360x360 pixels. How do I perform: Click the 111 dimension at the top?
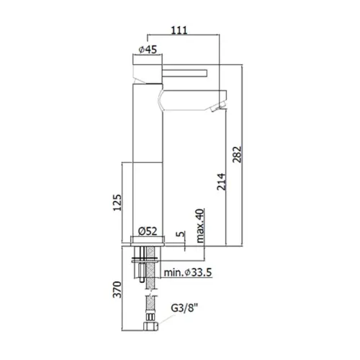click(x=179, y=30)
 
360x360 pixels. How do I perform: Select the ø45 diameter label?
click(x=148, y=50)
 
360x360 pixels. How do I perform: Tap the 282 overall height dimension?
click(x=237, y=154)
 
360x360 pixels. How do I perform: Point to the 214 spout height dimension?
click(x=221, y=181)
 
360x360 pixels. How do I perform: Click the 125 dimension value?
click(x=117, y=203)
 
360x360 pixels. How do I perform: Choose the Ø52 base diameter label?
click(x=148, y=231)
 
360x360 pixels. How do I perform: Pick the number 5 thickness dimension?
click(x=181, y=234)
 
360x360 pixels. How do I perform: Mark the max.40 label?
click(x=200, y=225)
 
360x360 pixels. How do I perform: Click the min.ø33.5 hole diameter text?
click(x=188, y=273)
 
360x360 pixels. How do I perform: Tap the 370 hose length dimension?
click(x=117, y=289)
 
